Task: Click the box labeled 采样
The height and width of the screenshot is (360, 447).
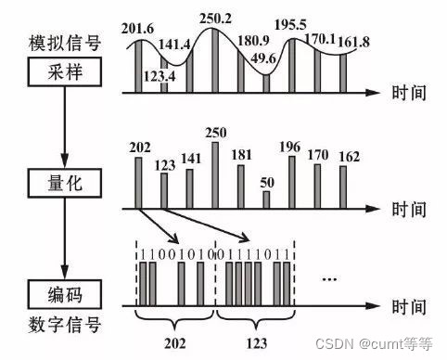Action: coord(61,71)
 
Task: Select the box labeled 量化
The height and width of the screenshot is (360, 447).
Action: coord(61,184)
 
